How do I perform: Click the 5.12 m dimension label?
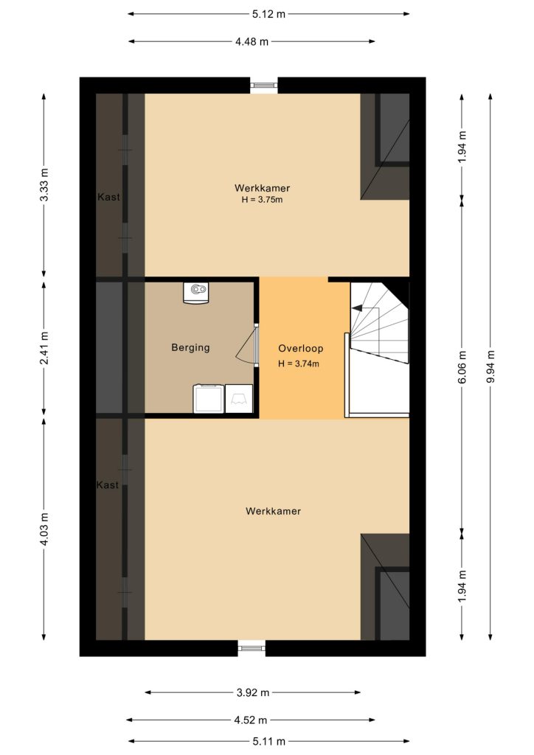(268, 14)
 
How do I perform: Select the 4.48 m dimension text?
(252, 41)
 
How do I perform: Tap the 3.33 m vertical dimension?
(44, 185)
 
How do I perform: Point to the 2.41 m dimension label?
(44, 348)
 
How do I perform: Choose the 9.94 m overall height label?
(490, 366)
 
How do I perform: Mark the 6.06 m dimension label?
(462, 366)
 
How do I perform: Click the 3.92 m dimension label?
(253, 692)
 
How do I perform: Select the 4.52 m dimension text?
(250, 720)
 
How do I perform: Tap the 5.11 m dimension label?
(268, 741)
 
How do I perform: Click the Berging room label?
(191, 348)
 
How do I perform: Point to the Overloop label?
(300, 348)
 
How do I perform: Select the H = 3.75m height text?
(262, 199)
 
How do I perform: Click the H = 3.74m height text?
(299, 363)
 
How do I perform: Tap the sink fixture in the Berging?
(196, 292)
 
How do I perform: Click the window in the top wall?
(264, 86)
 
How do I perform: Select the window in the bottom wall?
(252, 648)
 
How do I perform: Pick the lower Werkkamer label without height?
(273, 512)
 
